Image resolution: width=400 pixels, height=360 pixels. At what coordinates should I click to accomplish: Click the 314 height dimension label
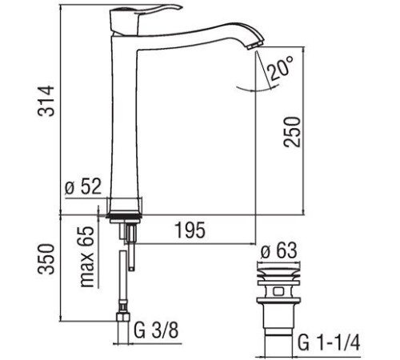point(50,100)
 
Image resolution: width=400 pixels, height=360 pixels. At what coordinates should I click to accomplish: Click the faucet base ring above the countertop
point(124,204)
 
